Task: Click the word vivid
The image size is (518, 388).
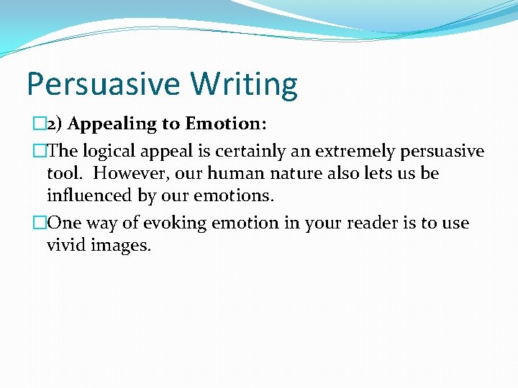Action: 65,246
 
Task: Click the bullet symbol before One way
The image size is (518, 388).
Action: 40,223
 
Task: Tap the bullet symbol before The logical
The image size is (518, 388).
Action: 40,152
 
